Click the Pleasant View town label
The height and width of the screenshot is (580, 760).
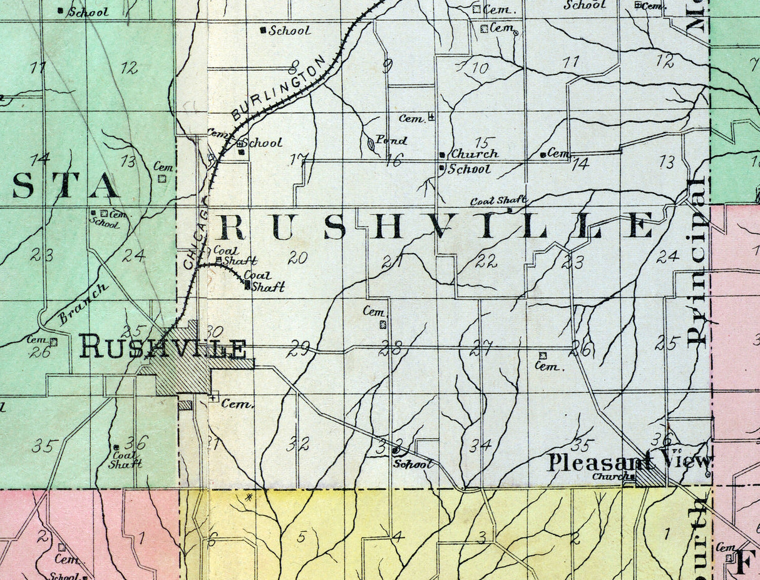629,462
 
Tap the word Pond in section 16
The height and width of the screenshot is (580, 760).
392,140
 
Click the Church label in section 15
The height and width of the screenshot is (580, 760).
475,153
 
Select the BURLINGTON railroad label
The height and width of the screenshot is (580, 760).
279,88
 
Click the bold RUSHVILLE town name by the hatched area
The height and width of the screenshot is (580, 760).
162,348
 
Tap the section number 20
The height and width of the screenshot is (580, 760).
299,257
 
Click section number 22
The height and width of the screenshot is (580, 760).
486,262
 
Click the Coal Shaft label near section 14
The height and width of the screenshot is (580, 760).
498,201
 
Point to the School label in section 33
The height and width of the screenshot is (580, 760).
413,464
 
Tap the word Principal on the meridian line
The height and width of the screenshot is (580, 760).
696,261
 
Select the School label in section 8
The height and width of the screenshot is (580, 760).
289,30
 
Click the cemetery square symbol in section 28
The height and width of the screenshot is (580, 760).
383,324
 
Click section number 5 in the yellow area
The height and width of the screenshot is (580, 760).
301,536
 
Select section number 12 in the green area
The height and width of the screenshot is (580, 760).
130,68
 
